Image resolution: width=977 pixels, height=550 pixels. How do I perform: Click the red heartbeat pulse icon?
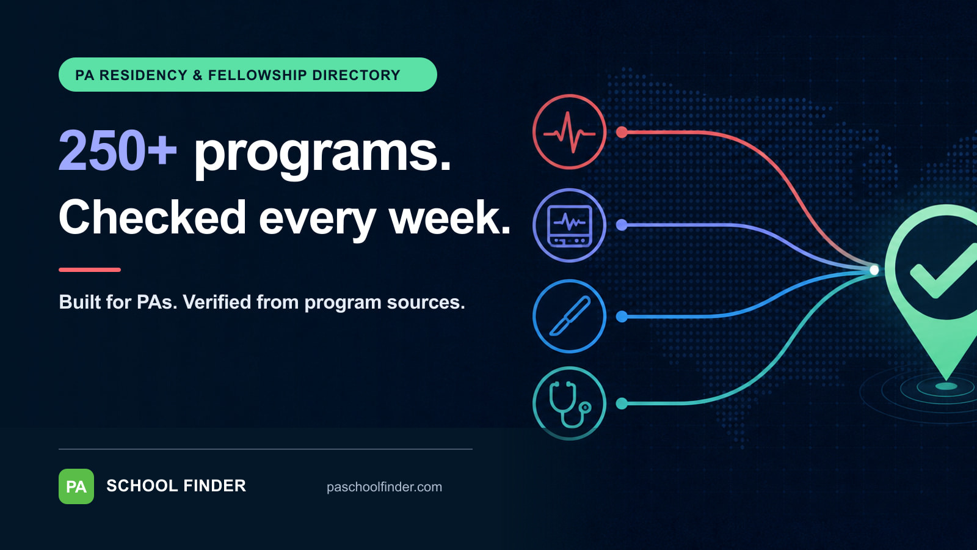[x=569, y=132]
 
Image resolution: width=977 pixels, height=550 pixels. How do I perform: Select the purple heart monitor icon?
[x=569, y=226]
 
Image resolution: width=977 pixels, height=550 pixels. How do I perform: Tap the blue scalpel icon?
[x=569, y=316]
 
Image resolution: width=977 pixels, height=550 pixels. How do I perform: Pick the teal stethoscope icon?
[x=569, y=403]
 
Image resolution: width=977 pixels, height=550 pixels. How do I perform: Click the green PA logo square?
[x=76, y=486]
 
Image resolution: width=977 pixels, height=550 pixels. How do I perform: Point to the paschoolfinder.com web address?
[x=384, y=486]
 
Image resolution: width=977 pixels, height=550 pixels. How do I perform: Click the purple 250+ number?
[x=118, y=151]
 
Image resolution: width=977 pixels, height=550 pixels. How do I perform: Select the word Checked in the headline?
[x=152, y=217]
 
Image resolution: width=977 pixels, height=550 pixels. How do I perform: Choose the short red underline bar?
[x=90, y=269]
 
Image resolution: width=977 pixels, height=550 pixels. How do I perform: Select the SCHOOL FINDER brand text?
[x=176, y=486]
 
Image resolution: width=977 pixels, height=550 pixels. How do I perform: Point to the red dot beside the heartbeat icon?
[x=622, y=132]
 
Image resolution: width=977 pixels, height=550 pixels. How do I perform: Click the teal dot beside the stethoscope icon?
[x=622, y=403]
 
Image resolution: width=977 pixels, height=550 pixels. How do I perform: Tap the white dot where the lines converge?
[x=874, y=270]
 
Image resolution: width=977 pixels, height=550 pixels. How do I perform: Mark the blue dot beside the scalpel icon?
[x=622, y=317]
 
